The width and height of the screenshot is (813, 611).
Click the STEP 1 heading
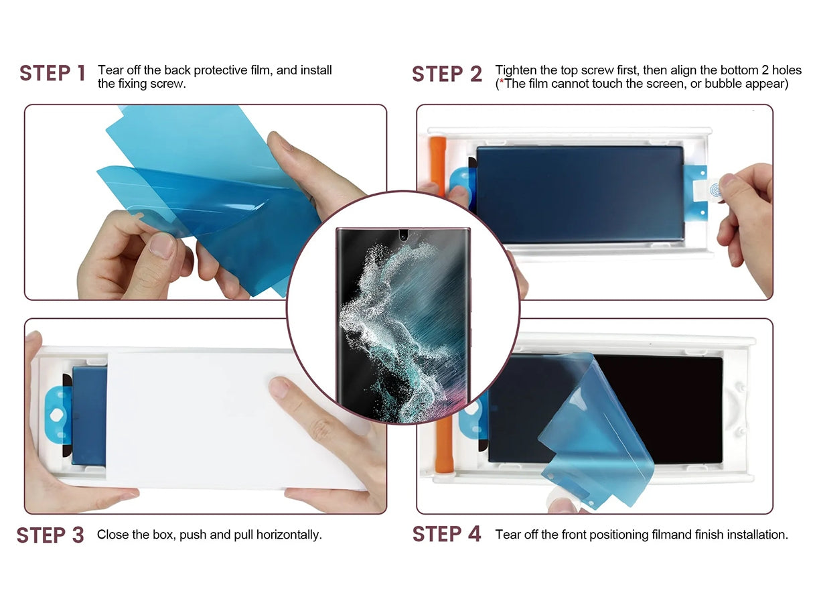tap(52, 74)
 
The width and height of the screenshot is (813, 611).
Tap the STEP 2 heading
tap(447, 74)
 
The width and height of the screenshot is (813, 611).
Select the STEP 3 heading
tap(50, 535)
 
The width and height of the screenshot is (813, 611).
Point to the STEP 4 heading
tap(447, 535)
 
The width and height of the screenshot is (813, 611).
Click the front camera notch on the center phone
tap(402, 235)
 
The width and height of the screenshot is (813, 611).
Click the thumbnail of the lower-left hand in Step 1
tap(161, 245)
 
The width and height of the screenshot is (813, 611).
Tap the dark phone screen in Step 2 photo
tap(579, 194)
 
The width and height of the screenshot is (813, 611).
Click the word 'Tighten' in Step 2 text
tap(513, 70)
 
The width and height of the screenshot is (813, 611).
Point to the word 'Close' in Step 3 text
tap(112, 535)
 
